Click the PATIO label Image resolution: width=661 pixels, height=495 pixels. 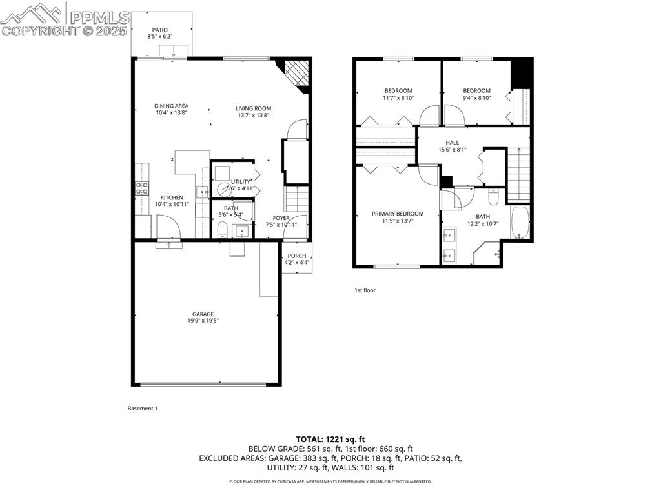coord(159,30)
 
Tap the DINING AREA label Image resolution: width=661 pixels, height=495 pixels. coord(171,106)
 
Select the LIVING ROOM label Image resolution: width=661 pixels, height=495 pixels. coord(253,108)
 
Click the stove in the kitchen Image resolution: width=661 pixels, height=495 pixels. coord(142,188)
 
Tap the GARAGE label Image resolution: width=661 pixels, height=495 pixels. coord(202,314)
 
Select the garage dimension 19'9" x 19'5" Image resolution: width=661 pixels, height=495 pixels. coord(202,321)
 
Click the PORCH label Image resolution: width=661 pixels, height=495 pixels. coord(297,256)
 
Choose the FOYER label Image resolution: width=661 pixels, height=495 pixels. coord(281,218)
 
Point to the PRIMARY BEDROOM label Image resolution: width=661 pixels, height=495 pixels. coord(397,214)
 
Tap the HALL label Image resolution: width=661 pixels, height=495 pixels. coord(452,143)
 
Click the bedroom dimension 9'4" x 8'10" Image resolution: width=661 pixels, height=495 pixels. coord(476,98)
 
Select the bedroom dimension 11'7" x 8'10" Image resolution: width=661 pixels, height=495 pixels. coord(398,98)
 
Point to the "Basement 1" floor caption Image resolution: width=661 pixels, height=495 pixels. coord(143,409)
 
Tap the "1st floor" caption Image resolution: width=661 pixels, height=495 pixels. coord(365,290)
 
